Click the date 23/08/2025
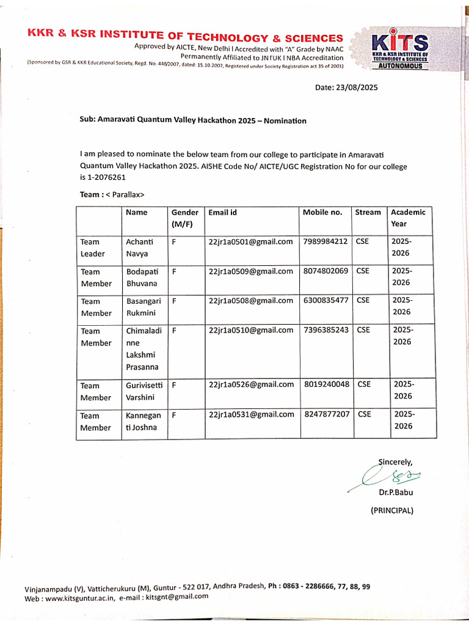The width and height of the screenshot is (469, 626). [357, 87]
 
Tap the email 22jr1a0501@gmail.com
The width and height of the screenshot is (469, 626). [250, 241]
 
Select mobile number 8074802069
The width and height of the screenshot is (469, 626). [325, 271]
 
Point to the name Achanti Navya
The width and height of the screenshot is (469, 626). [139, 248]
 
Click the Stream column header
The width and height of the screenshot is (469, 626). [368, 212]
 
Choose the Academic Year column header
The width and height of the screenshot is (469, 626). [408, 218]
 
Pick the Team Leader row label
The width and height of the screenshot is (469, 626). [92, 248]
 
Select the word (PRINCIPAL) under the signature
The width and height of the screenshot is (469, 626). [392, 510]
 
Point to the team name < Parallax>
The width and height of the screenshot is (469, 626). [123, 195]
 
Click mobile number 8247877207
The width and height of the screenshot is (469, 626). [327, 414]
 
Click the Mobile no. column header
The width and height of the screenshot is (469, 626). [322, 212]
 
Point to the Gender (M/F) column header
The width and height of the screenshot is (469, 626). [184, 218]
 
